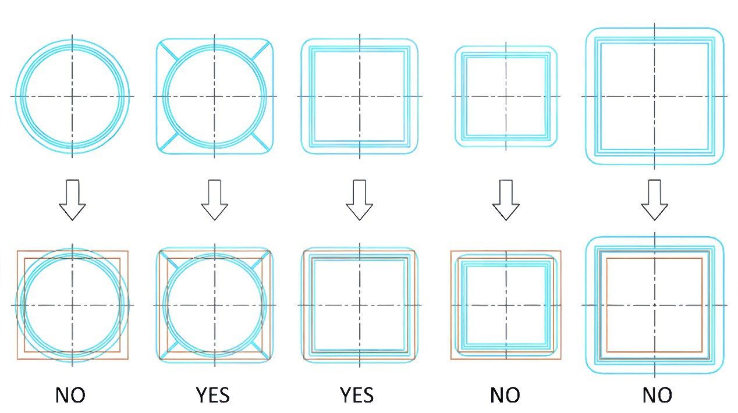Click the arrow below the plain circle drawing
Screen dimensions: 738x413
pos(73,200)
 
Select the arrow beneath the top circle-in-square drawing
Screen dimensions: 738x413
pos(215,200)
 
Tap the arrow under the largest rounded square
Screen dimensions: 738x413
pos(655,200)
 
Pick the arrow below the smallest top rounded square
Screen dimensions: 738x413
pos(506,200)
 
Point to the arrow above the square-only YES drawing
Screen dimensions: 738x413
pos(360,200)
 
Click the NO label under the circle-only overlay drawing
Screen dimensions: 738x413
pos(70,395)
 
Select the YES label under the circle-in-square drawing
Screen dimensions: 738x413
pos(212,395)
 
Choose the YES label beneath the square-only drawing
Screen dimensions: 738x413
pos(357,395)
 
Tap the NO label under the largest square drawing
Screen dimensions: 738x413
pos(657,395)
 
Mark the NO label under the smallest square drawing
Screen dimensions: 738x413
pos(505,395)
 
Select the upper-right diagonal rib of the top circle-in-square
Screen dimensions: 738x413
pos(261,50)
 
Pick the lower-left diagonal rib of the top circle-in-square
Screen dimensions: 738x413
pos(168,143)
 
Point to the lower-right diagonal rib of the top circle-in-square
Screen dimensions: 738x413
pos(261,143)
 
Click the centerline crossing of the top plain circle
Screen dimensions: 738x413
pos(73,96)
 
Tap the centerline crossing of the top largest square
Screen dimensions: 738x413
pos(655,96)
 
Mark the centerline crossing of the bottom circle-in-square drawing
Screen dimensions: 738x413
pos(215,305)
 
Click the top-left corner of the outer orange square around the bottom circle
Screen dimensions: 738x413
pos(17,251)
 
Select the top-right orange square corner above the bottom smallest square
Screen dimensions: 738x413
pos(560,251)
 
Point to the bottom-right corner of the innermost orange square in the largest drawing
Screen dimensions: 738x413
pos(702,352)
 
